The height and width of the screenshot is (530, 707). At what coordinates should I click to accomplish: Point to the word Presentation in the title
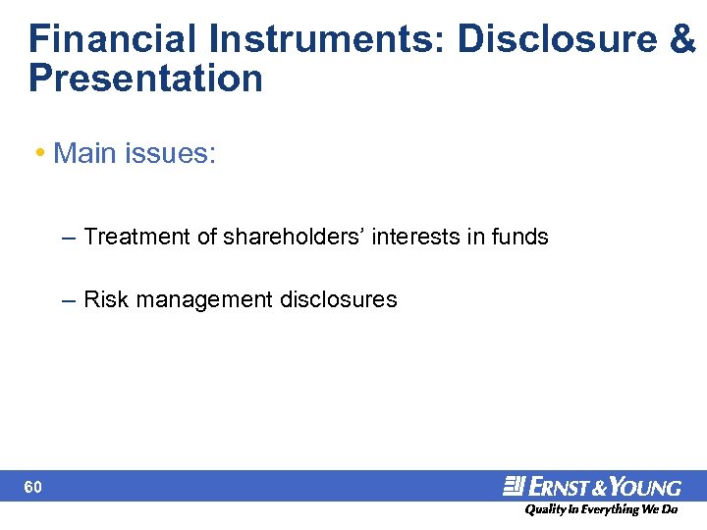click(145, 79)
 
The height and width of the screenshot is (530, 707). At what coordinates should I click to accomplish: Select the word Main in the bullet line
click(86, 153)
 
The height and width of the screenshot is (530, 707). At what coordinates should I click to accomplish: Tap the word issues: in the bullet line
click(172, 153)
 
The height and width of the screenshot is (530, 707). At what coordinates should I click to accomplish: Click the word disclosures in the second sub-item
click(339, 299)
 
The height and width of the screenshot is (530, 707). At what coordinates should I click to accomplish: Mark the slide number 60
click(33, 487)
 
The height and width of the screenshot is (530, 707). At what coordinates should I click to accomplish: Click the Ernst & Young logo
click(592, 486)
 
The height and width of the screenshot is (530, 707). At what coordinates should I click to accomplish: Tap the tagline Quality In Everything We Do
click(600, 509)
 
